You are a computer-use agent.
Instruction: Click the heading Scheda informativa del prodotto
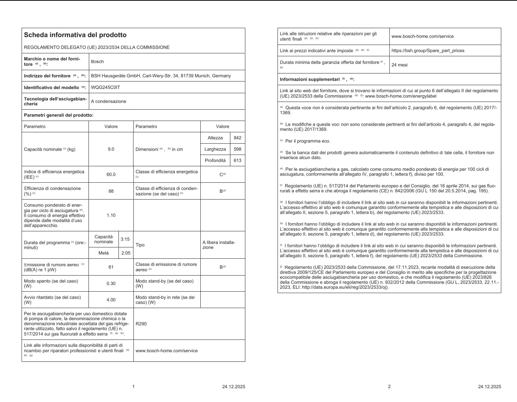click(x=75, y=35)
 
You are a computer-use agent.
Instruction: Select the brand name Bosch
click(x=97, y=61)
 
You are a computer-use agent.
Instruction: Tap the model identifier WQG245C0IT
click(x=105, y=87)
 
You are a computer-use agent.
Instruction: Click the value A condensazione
click(x=109, y=101)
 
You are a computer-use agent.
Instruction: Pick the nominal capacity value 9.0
click(x=111, y=149)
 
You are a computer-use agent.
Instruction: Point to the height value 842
click(x=237, y=138)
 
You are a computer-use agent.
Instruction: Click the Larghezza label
click(x=215, y=149)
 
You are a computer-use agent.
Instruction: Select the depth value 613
click(x=237, y=160)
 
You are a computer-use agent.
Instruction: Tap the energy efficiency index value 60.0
click(x=111, y=174)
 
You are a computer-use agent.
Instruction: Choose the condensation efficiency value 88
click(x=111, y=191)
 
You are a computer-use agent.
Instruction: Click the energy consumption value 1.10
click(x=111, y=215)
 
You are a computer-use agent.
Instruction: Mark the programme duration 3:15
click(x=125, y=239)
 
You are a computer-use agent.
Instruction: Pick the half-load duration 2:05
click(x=125, y=253)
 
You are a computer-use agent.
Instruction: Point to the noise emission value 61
click(x=111, y=267)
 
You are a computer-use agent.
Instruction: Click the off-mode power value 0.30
click(x=111, y=284)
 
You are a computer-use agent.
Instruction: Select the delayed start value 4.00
click(x=111, y=300)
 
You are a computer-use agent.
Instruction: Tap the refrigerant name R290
click(x=141, y=324)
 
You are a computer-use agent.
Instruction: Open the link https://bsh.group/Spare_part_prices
click(x=428, y=50)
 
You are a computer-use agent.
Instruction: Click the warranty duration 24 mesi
click(x=399, y=65)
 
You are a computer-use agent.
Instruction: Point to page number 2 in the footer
click(x=389, y=386)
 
